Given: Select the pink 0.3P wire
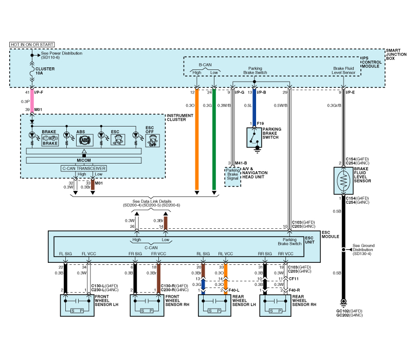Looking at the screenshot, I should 32,101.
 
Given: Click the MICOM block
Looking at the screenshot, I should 83,160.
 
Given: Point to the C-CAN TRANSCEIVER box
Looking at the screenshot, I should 83,168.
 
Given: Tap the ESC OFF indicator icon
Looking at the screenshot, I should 152,140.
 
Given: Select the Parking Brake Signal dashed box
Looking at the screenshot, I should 232,176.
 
